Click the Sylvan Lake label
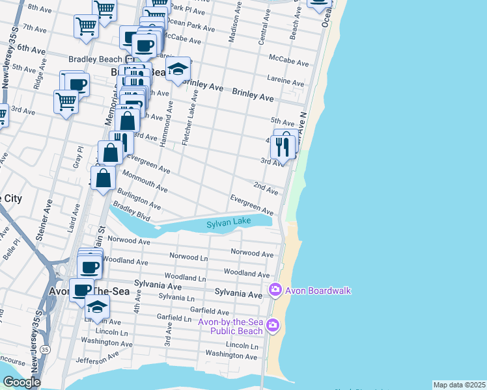pos(229,223)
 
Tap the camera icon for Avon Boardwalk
pos(275,289)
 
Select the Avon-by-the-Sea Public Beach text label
pos(230,326)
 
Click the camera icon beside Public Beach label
pos(273,324)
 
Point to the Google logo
pos(21,382)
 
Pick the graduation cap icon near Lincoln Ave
pos(97,307)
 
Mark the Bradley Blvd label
pos(128,211)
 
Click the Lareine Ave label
pos(285,82)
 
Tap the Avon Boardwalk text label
pos(318,291)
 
